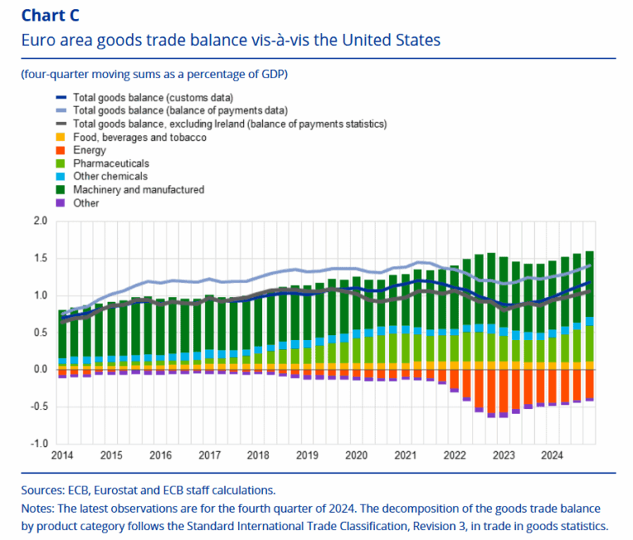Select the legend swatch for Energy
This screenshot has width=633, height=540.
(60, 151)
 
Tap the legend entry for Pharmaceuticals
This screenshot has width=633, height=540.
(110, 164)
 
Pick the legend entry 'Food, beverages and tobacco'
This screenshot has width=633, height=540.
(139, 137)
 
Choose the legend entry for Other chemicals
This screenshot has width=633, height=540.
(110, 177)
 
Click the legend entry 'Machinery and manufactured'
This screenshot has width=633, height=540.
(138, 190)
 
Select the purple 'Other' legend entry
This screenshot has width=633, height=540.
(86, 203)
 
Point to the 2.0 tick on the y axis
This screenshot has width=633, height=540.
(40, 221)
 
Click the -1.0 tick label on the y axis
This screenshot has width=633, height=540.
(39, 444)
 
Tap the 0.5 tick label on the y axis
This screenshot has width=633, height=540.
(40, 333)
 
